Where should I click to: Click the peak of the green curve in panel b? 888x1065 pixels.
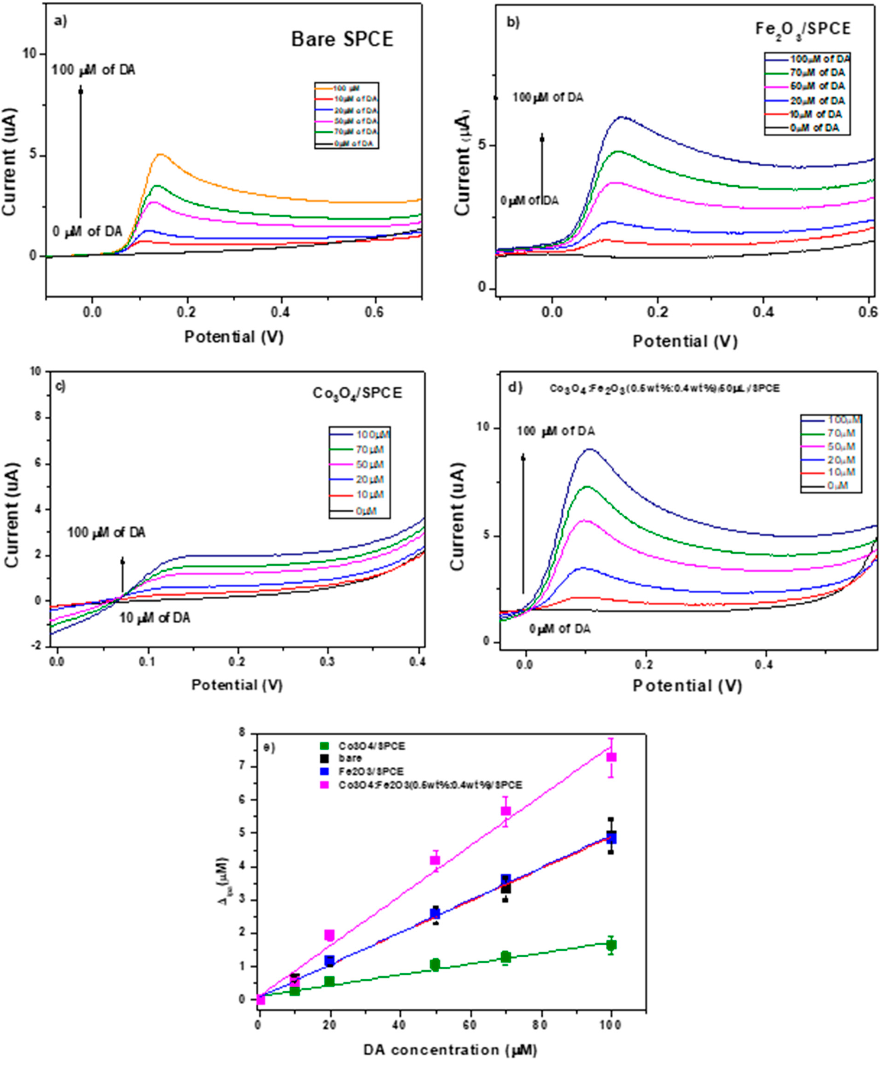coord(618,151)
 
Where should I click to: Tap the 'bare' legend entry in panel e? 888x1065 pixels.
coord(350,758)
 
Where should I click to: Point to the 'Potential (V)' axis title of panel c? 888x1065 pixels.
coord(237,685)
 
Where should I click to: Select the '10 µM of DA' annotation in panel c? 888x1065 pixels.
coord(155,618)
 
